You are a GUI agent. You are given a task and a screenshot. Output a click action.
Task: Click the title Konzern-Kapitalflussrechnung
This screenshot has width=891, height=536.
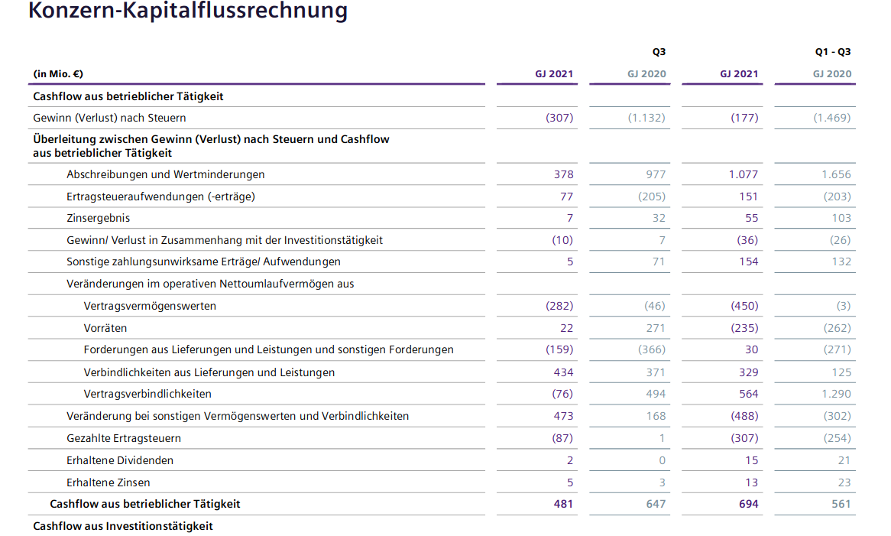(187, 11)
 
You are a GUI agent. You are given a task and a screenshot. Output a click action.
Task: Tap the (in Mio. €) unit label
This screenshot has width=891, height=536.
(58, 74)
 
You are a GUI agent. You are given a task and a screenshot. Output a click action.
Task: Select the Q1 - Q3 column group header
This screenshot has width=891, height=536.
(832, 52)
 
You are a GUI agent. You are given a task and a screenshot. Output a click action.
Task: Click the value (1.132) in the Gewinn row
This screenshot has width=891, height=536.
(646, 118)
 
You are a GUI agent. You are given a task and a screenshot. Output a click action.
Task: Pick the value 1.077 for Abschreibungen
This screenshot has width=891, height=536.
(743, 174)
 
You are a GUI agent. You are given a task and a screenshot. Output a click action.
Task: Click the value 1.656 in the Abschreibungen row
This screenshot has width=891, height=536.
(836, 174)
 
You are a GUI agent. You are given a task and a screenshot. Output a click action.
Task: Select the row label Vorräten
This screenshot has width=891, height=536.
(105, 328)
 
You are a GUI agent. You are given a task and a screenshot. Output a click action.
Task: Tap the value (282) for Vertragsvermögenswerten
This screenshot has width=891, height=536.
(559, 306)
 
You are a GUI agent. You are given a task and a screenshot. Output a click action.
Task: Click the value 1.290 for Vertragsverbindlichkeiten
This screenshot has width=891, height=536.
(836, 394)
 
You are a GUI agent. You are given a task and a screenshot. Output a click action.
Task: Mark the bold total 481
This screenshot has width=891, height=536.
(563, 504)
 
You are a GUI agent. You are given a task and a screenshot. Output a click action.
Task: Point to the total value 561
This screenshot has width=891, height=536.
(841, 504)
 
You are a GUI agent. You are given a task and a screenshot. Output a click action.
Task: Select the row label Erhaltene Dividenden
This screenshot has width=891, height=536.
(120, 460)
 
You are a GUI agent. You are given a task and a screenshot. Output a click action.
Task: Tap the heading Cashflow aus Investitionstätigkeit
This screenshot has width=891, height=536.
(123, 526)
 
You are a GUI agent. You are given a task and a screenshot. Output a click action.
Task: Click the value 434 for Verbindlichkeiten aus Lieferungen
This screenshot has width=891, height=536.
(563, 372)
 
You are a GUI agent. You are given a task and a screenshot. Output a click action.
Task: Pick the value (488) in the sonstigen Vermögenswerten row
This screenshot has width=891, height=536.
(744, 416)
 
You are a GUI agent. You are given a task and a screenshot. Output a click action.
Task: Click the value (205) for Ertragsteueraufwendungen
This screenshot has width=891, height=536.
(652, 197)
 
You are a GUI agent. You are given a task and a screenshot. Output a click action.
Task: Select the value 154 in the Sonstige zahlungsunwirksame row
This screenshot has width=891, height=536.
(749, 262)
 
